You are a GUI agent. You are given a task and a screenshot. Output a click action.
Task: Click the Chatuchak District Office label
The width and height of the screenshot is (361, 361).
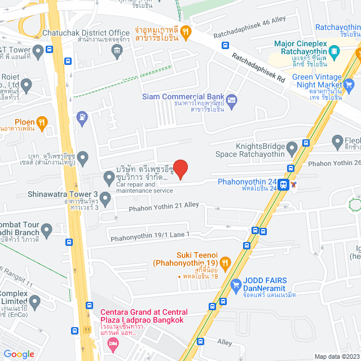[86, 33]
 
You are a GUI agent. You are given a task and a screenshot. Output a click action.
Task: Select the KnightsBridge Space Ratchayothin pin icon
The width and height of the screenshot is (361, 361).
[292, 149]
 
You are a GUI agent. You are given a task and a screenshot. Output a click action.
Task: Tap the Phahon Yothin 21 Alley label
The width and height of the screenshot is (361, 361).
[164, 206]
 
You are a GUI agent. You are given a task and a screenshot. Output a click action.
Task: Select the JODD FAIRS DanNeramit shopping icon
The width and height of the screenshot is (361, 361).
[236, 285]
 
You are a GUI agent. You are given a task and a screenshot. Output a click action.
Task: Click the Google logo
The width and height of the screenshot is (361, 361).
[19, 354]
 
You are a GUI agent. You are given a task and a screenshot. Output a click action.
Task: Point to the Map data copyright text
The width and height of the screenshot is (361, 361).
[336, 356]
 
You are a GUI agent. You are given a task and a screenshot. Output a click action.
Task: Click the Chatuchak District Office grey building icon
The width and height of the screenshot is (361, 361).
[117, 52]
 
